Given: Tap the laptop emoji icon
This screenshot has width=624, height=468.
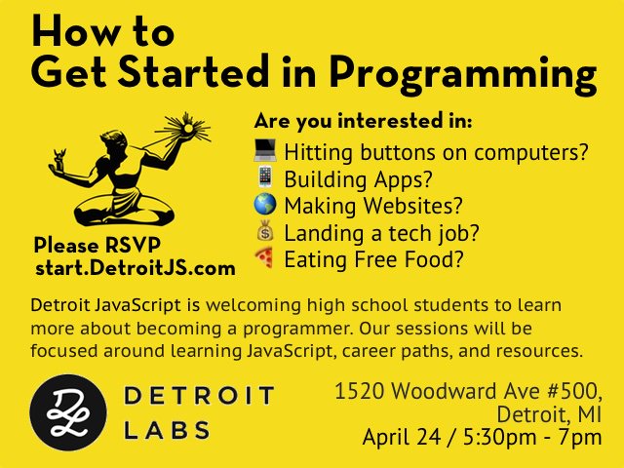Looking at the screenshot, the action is point(265,150).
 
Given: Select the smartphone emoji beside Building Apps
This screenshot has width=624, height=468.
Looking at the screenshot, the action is point(265,176).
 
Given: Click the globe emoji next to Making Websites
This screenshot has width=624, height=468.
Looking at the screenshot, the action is point(265,204).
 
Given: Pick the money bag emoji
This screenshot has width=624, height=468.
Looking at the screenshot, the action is point(265,231).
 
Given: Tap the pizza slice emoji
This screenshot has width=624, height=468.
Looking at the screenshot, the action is point(264,257).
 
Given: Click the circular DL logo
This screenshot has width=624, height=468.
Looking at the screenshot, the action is point(68,412).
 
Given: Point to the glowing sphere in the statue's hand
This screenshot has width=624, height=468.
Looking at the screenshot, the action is point(187,128).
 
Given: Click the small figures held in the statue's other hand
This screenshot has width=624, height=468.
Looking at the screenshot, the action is point(59,158).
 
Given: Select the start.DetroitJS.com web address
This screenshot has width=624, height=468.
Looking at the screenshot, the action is point(136,268).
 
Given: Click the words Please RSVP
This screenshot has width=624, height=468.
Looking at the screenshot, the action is point(97,245).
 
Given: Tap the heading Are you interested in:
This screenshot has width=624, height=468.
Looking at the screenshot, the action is point(363,121).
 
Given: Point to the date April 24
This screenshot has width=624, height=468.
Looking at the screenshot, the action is point(402,438).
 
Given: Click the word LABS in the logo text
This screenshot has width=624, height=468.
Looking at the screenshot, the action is point(167,430).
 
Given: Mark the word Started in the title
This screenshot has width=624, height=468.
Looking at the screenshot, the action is point(193,71).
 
